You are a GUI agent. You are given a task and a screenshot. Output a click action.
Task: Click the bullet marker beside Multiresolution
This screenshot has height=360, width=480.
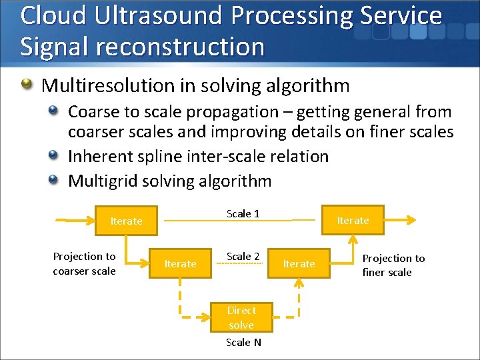coord(27,85)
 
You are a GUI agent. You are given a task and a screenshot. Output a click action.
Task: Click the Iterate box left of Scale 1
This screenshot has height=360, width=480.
coord(127,221)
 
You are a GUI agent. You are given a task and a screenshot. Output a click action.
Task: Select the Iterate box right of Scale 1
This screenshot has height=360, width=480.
coord(353,220)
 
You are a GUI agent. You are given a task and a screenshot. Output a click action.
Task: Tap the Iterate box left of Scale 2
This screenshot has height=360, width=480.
coord(180,263)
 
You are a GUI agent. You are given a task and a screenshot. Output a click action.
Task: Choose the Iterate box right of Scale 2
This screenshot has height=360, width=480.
coord(299,263)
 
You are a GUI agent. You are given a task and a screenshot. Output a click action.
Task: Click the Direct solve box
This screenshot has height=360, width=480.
coord(241,317)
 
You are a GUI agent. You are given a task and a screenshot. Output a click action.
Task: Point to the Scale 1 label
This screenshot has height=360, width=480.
coord(243,213)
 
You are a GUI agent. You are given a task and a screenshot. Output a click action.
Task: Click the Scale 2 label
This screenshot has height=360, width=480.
coord(243,256)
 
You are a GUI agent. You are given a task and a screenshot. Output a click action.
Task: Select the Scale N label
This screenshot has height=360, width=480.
coord(243,342)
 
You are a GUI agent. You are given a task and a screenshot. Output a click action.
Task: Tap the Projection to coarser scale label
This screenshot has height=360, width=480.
coord(84,263)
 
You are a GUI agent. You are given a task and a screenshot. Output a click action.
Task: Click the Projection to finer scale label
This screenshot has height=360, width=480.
coord(393,265)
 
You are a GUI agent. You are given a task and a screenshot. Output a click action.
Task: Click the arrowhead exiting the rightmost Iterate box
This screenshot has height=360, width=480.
coord(412,220)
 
